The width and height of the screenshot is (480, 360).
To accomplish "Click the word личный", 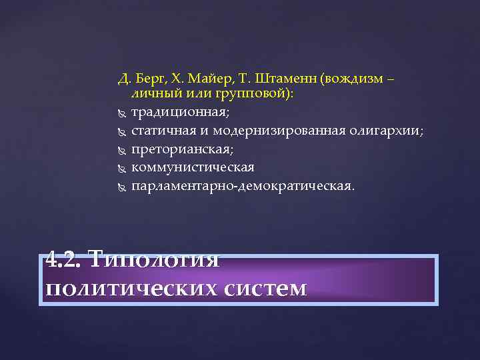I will click(153, 94).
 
